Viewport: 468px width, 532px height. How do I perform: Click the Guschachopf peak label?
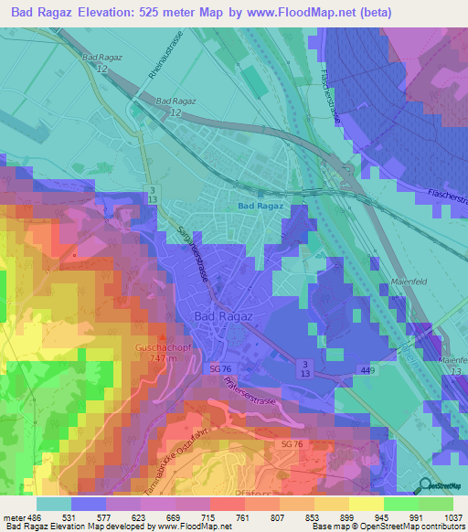(165, 347)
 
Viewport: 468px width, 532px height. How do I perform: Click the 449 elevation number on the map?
(366, 369)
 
